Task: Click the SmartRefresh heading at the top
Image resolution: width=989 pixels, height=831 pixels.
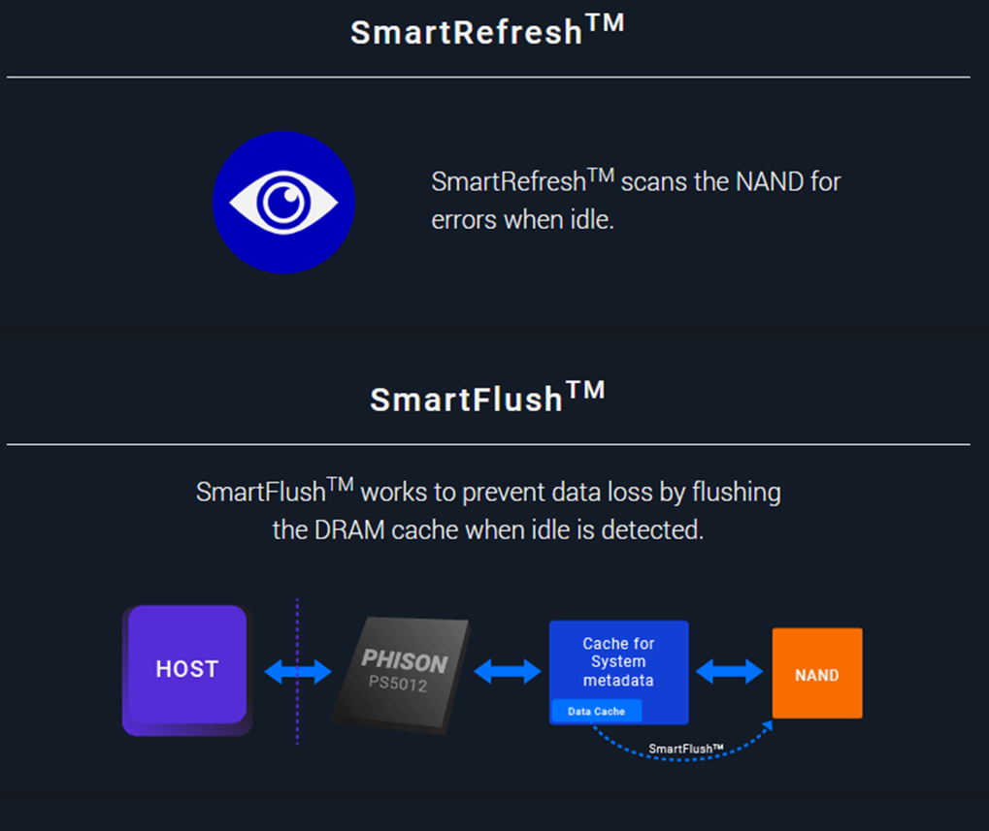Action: [x=486, y=31]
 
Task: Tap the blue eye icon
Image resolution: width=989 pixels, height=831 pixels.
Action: [x=283, y=203]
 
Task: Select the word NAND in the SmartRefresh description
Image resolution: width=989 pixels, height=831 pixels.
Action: [x=770, y=182]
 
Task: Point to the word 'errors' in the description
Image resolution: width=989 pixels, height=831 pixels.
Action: [x=464, y=219]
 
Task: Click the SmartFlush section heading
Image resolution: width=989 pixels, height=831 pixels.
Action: [x=486, y=399]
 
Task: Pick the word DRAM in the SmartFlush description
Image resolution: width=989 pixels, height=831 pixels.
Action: [x=349, y=530]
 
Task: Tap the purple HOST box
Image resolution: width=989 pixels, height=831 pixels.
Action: [x=186, y=669]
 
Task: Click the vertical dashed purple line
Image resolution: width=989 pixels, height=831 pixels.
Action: [x=297, y=718]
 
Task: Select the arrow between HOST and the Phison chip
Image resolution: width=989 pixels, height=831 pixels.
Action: [x=298, y=671]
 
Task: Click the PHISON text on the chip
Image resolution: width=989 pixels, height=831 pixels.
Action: [x=405, y=662]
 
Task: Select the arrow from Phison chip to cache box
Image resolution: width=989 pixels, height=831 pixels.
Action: [x=507, y=670]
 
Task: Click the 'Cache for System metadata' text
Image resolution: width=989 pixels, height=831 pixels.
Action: [x=618, y=661]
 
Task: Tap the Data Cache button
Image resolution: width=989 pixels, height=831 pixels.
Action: [x=596, y=711]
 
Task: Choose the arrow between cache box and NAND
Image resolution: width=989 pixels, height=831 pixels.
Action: [x=729, y=670]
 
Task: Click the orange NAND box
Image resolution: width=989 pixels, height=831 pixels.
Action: [x=816, y=674]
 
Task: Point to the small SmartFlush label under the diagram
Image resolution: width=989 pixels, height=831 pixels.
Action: [x=686, y=749]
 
